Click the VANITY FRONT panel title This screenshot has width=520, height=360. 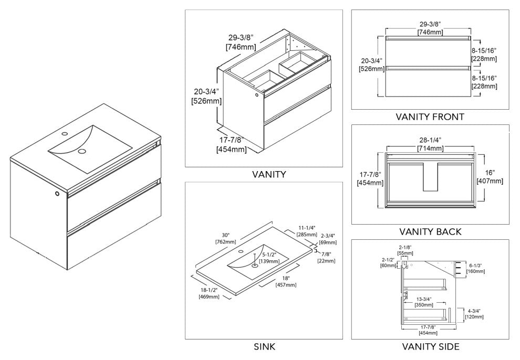pos(430,117)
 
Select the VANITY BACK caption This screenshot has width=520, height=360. pos(430,231)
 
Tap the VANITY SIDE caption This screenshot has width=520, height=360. pos(430,346)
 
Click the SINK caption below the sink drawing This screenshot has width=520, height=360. pos(264,346)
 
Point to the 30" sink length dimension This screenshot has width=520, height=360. pos(221,238)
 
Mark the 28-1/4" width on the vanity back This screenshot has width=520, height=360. pos(430,144)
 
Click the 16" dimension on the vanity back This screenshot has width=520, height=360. pos(489,176)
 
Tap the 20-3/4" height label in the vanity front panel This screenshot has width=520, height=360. pos(367,65)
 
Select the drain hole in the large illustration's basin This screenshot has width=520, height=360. pos(82,152)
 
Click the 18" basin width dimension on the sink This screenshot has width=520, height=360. pos(285,281)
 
